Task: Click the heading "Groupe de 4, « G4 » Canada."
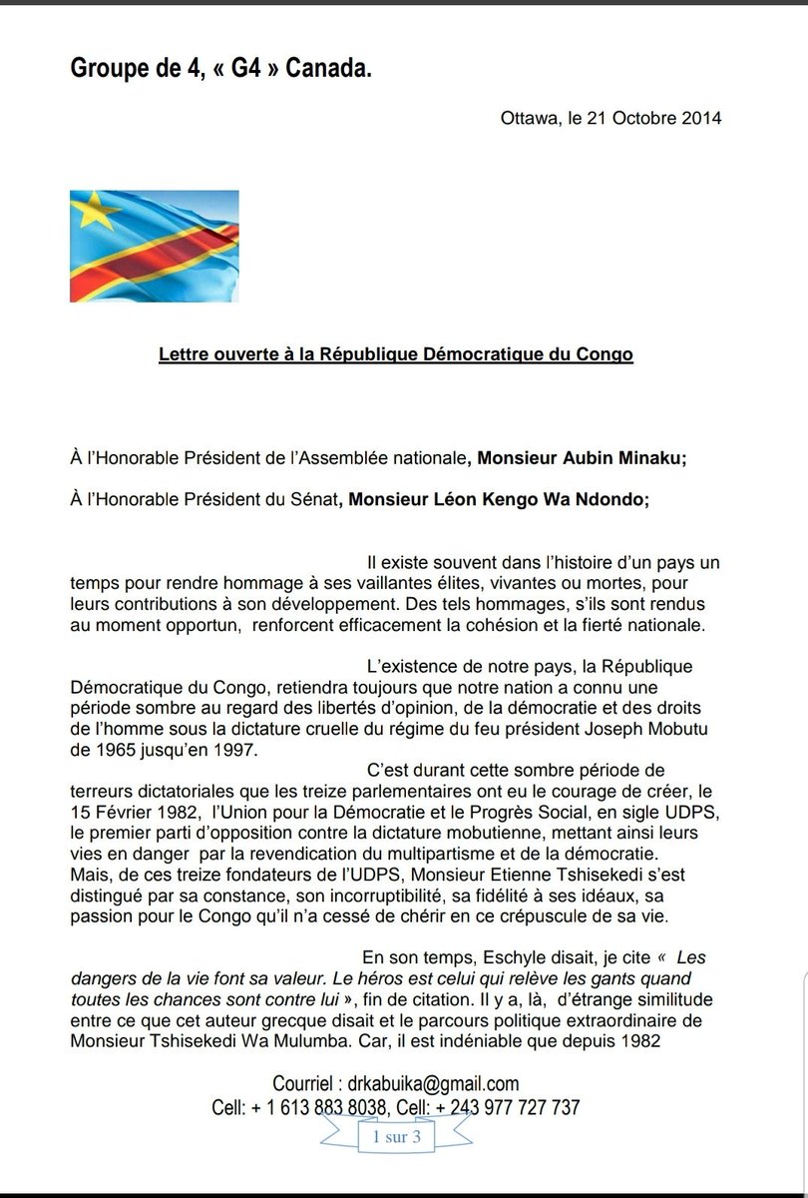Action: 220,68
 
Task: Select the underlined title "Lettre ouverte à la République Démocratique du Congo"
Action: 396,354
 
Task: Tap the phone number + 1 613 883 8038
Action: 323,1107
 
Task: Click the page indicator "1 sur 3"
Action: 396,1138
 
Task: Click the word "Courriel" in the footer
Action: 305,1084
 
